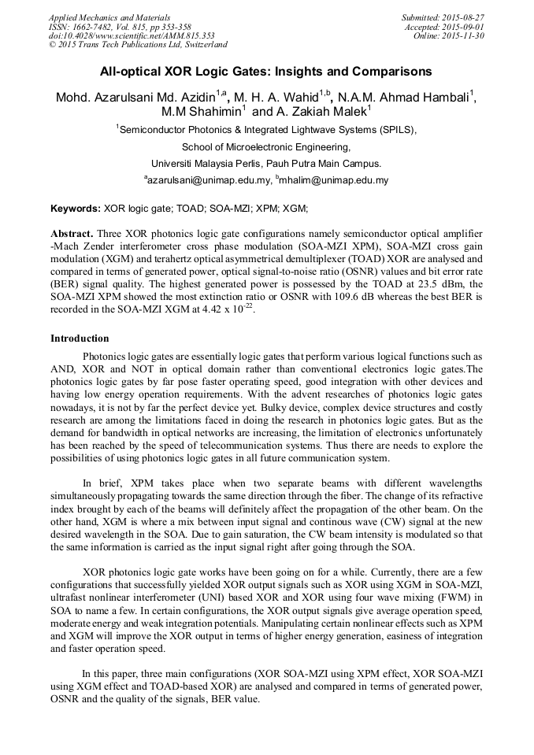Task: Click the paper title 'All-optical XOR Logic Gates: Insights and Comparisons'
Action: pos(265,72)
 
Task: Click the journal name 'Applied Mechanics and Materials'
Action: pos(109,17)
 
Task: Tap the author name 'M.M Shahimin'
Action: pos(201,113)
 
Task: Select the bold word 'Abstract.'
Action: pos(72,235)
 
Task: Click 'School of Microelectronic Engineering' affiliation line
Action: pos(265,146)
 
